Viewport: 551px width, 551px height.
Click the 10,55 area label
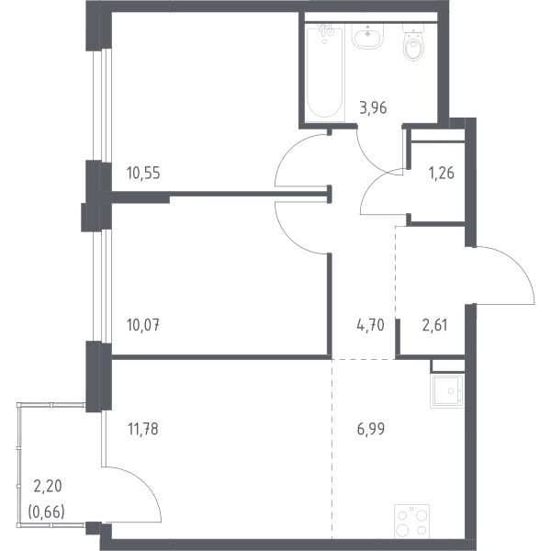point(143,173)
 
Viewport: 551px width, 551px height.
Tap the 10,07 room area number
point(143,325)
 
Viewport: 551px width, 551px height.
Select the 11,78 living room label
point(143,429)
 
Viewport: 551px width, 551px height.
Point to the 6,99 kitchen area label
point(371,429)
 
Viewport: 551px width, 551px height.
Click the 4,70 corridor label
point(370,325)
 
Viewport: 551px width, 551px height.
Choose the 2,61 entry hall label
point(434,325)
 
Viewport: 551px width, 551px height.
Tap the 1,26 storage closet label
point(442,173)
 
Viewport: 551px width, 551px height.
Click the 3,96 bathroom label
point(373,107)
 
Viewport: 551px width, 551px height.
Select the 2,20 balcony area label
point(48,486)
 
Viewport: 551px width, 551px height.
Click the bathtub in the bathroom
point(325,73)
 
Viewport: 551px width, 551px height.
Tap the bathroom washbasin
point(367,37)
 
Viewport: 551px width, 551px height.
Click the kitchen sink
point(447,391)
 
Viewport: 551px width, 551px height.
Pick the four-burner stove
point(411,521)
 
